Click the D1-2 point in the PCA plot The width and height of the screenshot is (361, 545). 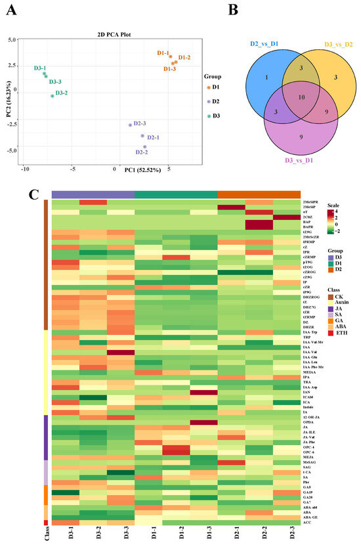click(175, 62)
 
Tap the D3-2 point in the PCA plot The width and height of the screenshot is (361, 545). click(52, 96)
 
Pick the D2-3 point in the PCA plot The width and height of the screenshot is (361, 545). click(130, 125)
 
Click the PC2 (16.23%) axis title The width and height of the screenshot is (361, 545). click(9, 104)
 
